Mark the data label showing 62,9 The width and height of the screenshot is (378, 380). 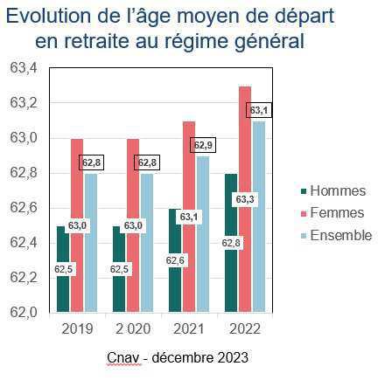[x=203, y=145]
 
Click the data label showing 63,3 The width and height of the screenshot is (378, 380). [x=245, y=200]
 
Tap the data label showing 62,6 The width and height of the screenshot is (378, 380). [x=175, y=260]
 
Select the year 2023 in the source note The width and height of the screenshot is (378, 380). [x=233, y=357]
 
